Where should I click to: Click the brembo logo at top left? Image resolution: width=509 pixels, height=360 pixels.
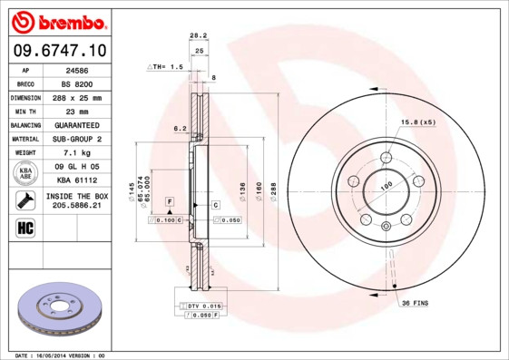[x=56, y=21]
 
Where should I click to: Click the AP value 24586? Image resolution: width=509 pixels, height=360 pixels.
[x=78, y=68]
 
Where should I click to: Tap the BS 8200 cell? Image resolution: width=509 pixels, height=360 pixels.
[x=78, y=83]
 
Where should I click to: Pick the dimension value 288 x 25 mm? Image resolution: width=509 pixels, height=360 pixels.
[x=78, y=97]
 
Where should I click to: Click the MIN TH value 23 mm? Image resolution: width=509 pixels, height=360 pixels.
[x=78, y=111]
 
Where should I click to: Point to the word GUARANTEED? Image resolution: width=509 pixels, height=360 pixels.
[x=78, y=125]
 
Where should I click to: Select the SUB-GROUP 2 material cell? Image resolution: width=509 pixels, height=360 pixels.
[x=78, y=139]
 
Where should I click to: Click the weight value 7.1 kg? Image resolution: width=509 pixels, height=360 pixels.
[x=78, y=153]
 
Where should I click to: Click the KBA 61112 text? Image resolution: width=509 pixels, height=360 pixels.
[x=78, y=181]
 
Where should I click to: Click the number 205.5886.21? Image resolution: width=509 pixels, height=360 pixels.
[x=78, y=206]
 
